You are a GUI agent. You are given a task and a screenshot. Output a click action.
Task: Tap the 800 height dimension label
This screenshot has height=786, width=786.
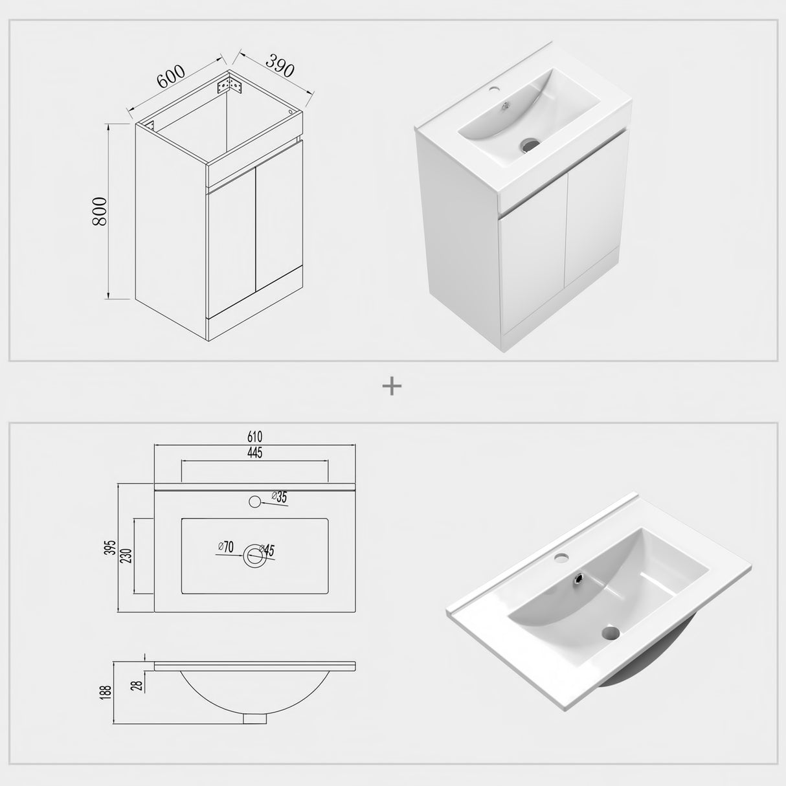coord(100,211)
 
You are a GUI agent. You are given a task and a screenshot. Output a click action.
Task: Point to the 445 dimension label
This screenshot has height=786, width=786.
coord(254,453)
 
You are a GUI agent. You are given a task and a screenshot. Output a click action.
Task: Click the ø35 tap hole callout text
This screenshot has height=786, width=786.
coord(279,497)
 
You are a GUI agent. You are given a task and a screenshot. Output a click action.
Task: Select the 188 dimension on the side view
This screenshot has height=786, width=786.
coord(107,692)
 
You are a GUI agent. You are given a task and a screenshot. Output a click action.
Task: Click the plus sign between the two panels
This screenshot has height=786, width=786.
coord(392,387)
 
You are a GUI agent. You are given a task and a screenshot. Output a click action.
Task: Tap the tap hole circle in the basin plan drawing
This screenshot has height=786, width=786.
coord(254,500)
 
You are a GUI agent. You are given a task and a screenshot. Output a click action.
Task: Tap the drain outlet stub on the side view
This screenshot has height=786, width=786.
coord(254,717)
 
